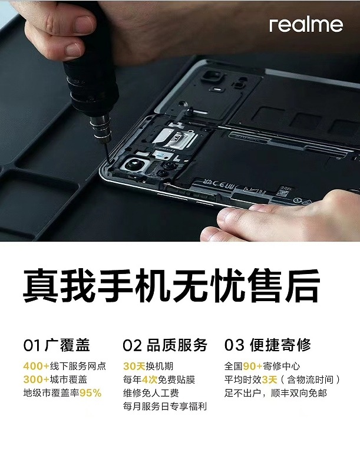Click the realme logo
[306, 25]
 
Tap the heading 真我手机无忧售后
[171, 285]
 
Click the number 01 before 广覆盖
[32, 345]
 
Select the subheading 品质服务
[177, 345]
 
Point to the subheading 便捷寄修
[280, 345]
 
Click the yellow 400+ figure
[37, 366]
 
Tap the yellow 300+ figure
[37, 380]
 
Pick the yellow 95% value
[91, 393]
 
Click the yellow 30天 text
[134, 366]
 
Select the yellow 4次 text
[150, 380]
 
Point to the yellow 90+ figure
[253, 366]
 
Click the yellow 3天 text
[269, 380]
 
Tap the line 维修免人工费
[151, 393]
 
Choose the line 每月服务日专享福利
[165, 407]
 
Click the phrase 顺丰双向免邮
[299, 393]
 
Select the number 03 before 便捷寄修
[235, 345]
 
